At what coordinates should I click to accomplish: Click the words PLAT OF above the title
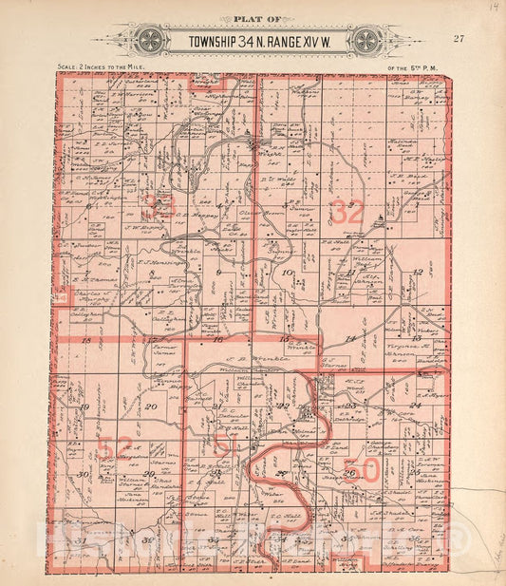coord(252,19)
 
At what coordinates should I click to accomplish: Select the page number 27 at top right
coord(459,38)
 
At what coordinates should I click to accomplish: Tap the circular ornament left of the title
coord(150,41)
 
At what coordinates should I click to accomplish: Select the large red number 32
coord(347,213)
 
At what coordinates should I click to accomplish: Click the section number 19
coord(84,406)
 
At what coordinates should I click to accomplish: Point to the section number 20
coord(152,406)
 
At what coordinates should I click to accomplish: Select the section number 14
coord(349,339)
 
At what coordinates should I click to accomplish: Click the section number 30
coord(84,474)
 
